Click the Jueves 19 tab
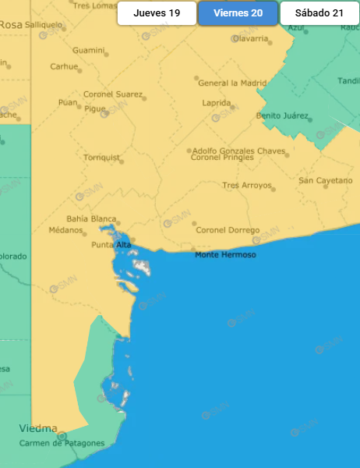(x=157, y=13)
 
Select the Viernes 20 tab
(x=238, y=13)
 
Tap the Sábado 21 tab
(x=319, y=13)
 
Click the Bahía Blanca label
(x=91, y=218)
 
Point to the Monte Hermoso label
(x=225, y=255)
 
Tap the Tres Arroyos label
(x=247, y=186)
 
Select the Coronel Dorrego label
(x=228, y=230)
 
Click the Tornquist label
(x=102, y=158)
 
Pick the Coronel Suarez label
(x=113, y=94)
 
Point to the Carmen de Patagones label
(x=62, y=443)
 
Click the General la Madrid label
(x=232, y=83)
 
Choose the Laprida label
(x=216, y=102)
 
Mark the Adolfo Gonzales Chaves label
(x=238, y=150)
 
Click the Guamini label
(x=88, y=51)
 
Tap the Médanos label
(x=65, y=230)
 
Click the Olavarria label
(x=250, y=37)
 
